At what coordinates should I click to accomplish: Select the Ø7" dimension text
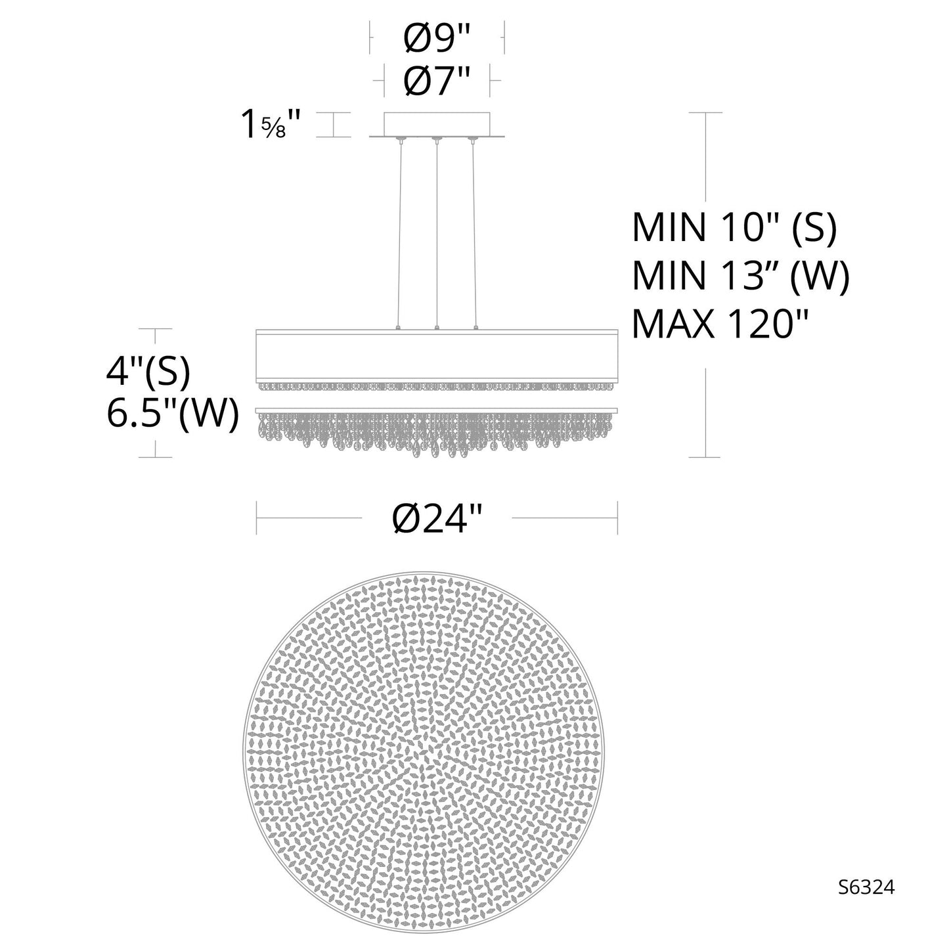437,82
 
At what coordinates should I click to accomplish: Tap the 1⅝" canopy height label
271,125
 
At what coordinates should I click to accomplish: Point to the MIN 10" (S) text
734,229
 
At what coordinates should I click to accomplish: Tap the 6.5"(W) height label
172,414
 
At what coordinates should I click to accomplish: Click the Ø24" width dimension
437,519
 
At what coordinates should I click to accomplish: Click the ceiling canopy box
437,124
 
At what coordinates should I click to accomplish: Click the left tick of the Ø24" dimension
257,518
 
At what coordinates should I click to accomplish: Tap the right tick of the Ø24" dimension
617,518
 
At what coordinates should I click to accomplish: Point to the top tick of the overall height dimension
705,113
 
